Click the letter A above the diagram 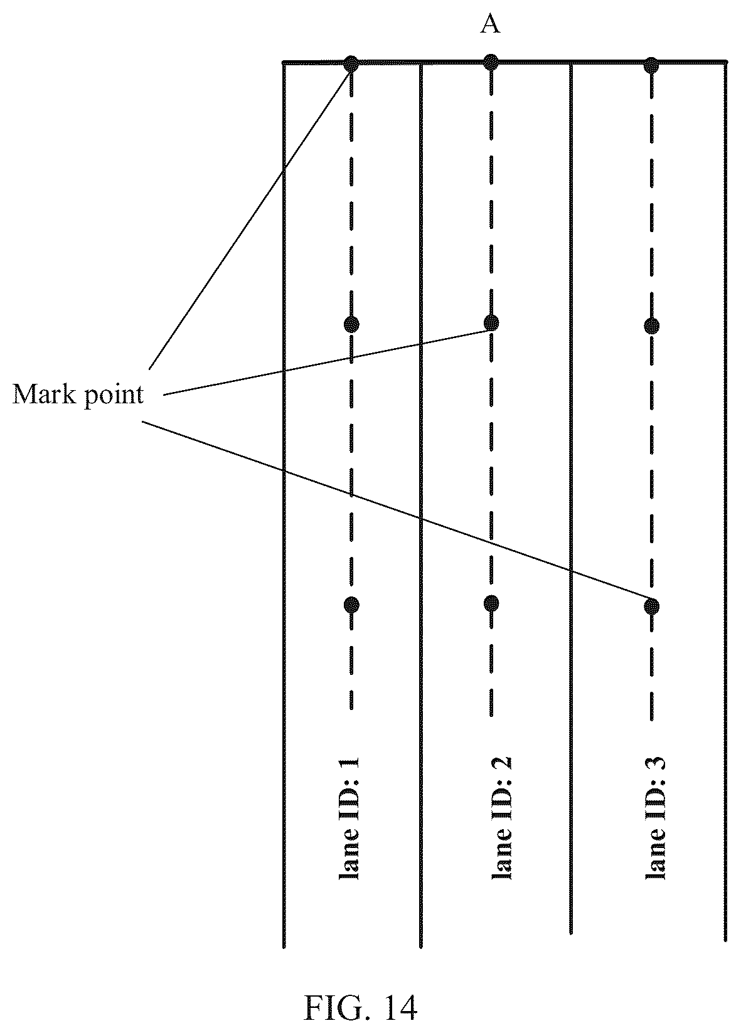490,24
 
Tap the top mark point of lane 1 351,63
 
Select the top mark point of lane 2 491,62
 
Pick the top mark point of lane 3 651,65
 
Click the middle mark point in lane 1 351,325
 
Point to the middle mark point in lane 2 491,323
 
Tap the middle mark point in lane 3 651,326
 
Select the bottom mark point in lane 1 351,604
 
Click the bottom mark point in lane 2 491,603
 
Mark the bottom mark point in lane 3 651,606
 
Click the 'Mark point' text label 78,395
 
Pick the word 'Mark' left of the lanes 45,394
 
